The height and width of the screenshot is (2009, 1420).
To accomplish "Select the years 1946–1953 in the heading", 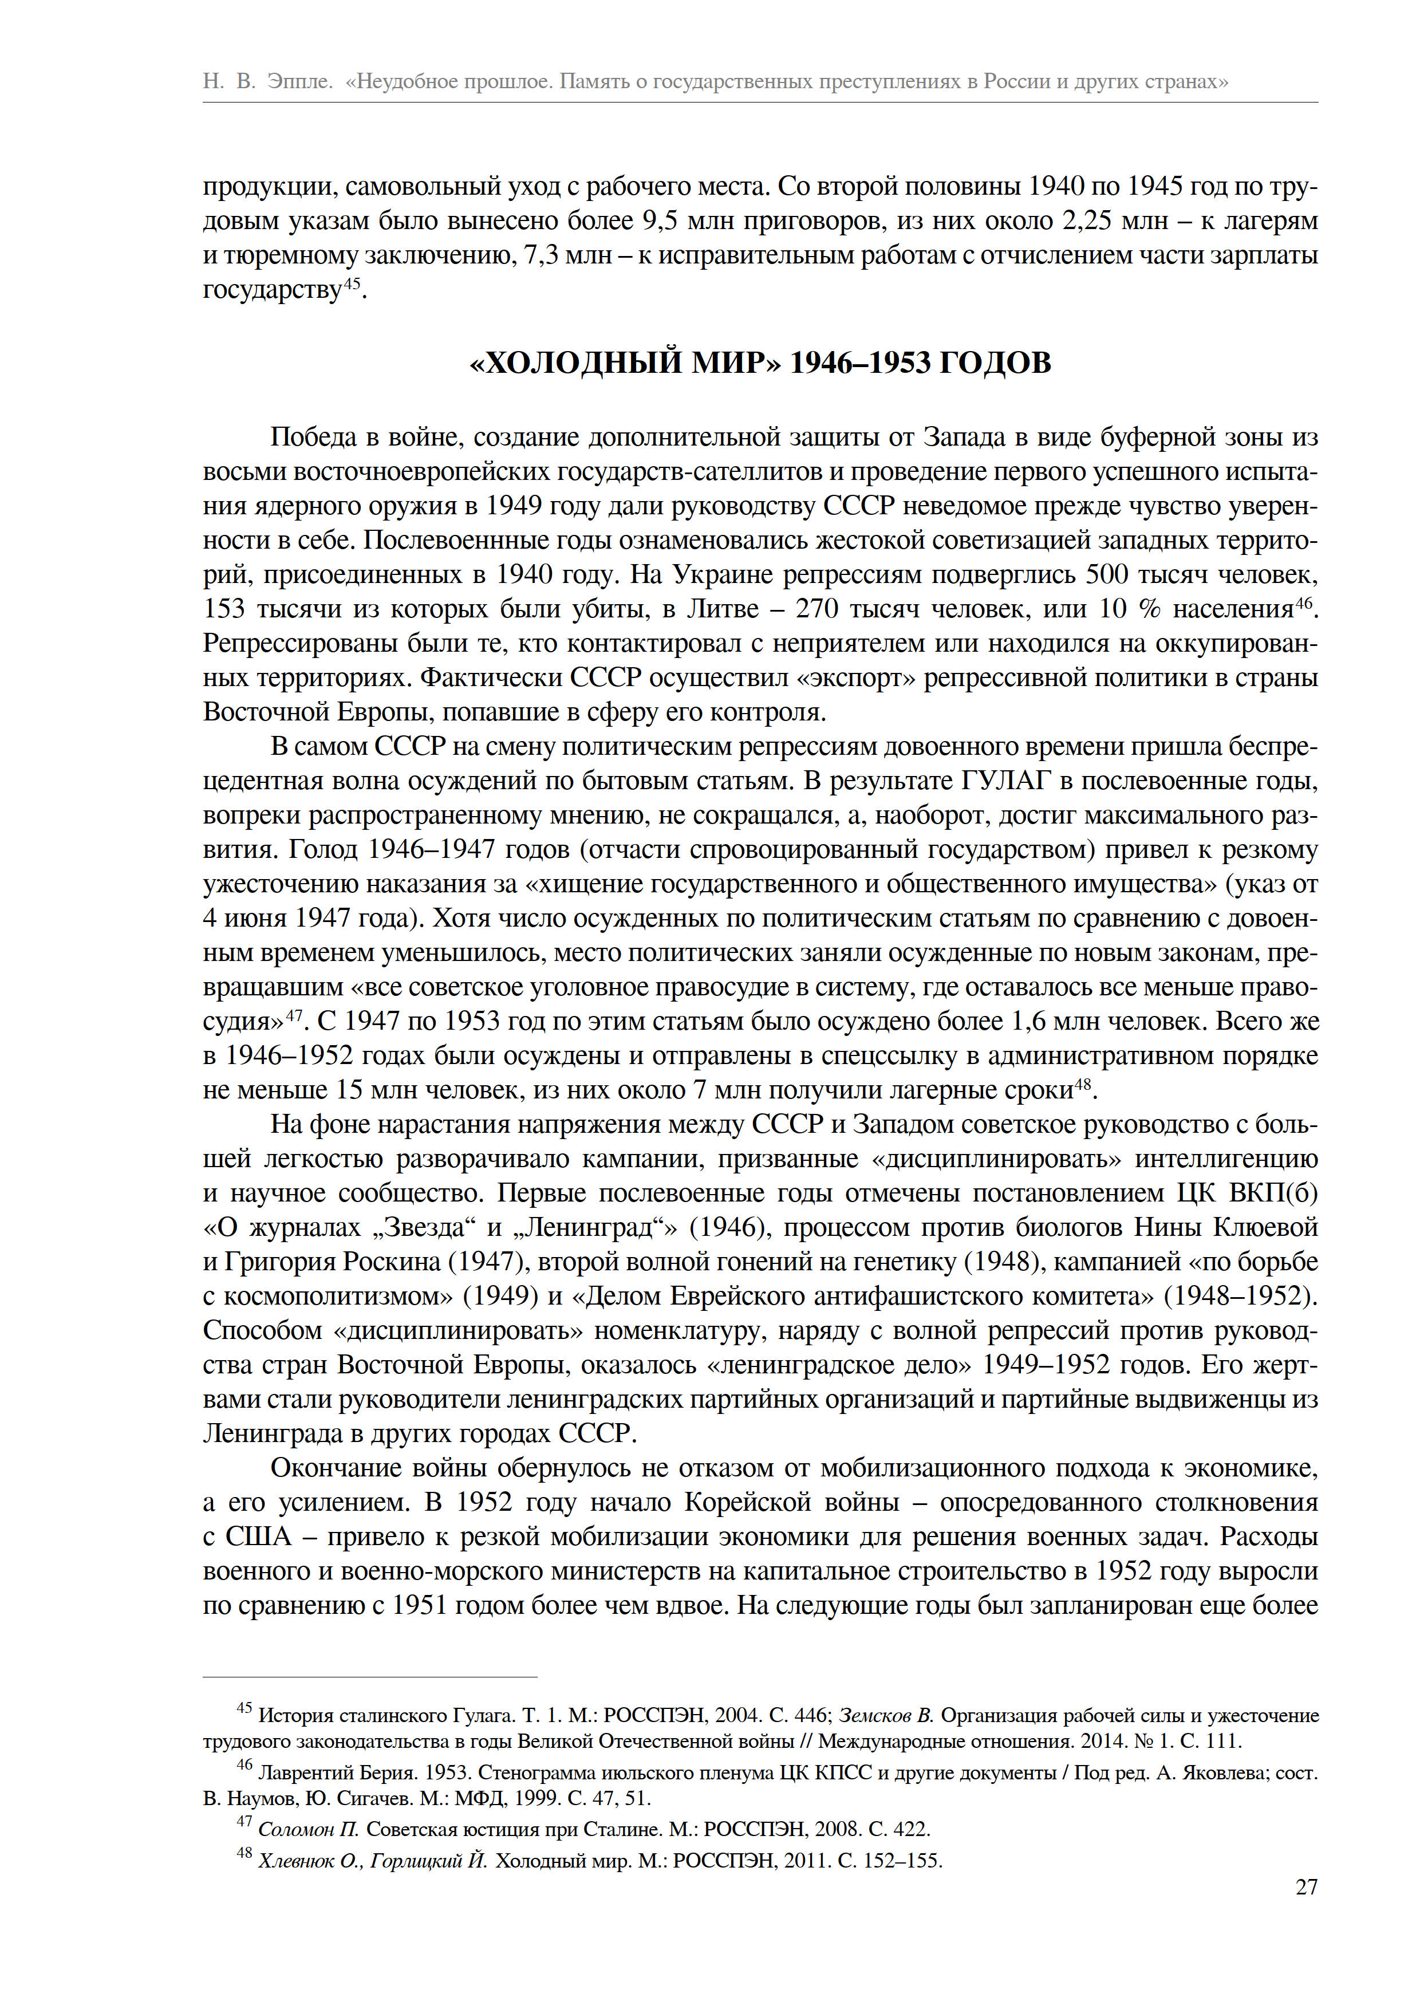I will (860, 363).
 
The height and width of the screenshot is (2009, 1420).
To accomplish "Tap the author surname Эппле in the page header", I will (298, 81).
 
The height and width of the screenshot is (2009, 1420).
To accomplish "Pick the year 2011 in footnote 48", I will (805, 1861).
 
